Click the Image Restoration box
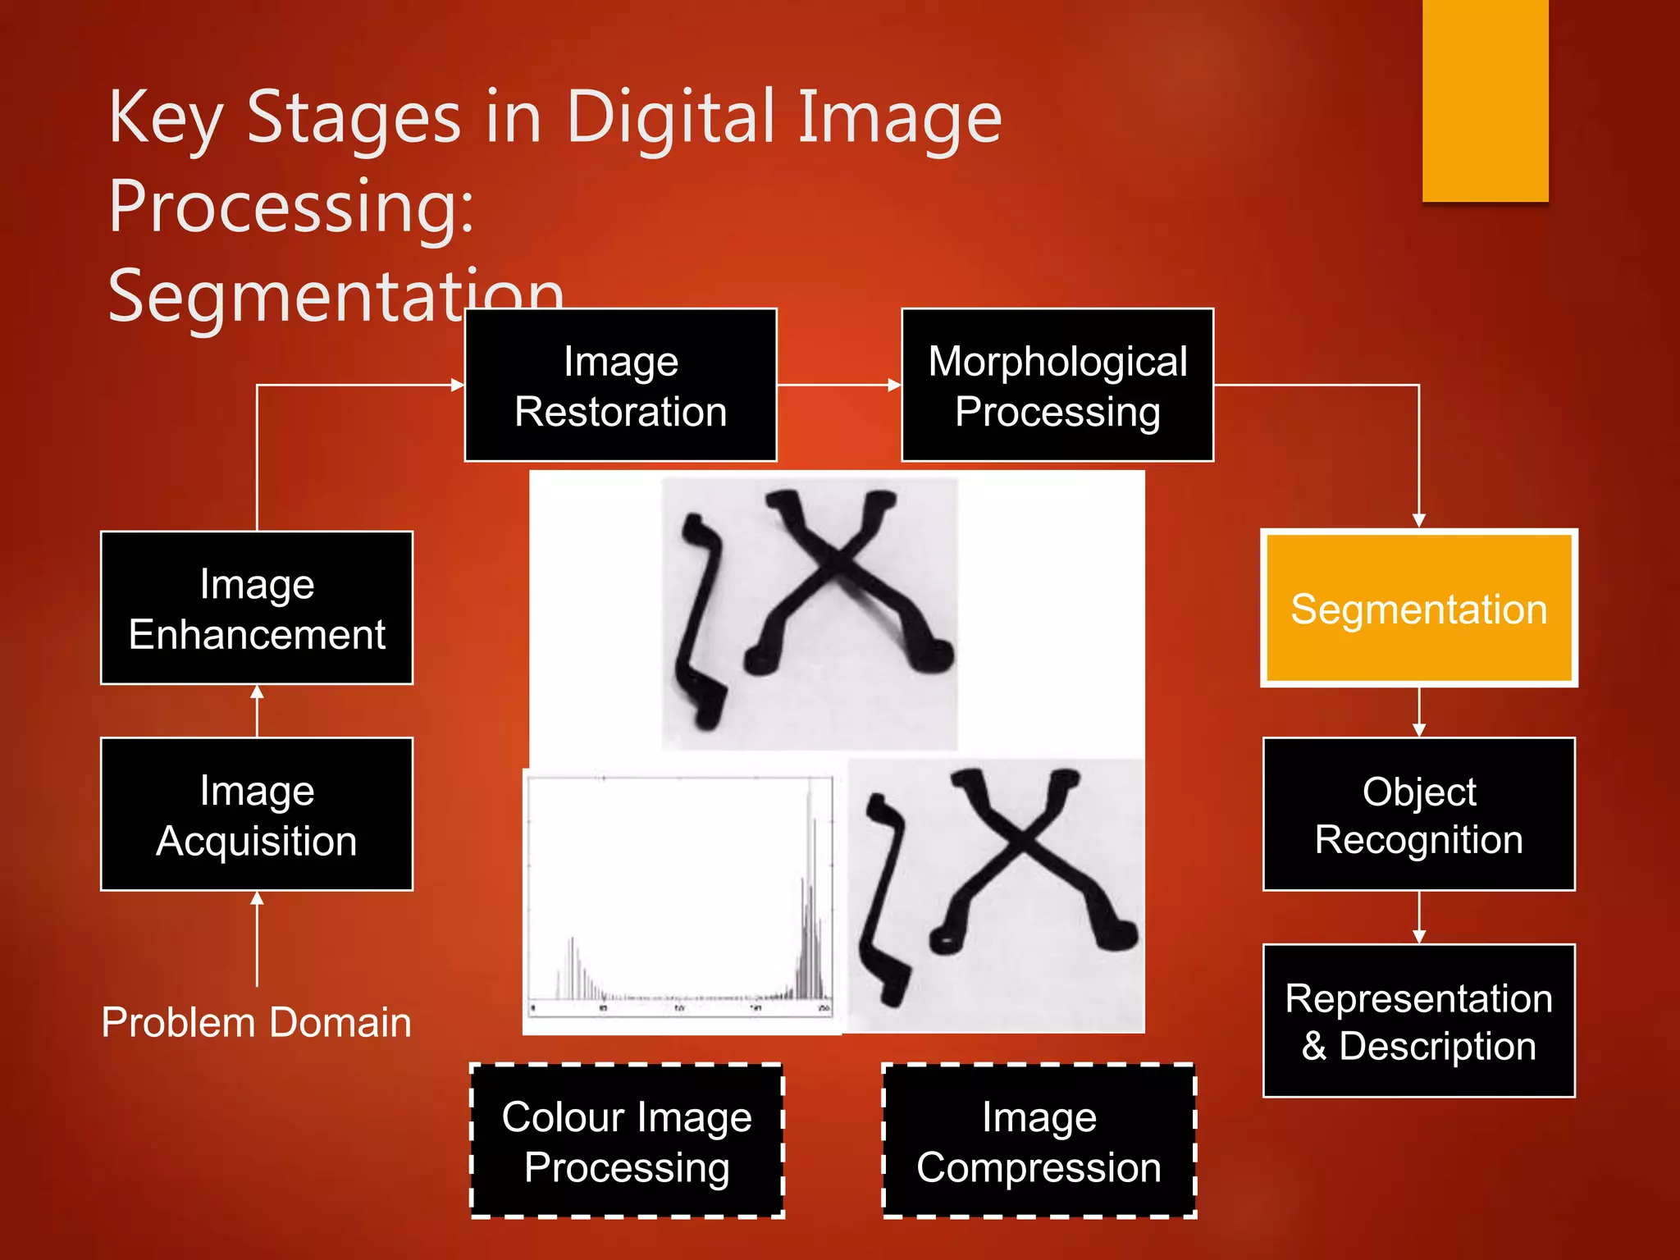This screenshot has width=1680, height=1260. point(620,385)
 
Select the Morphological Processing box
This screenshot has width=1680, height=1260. point(1057,385)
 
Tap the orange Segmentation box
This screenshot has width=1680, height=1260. point(1418,608)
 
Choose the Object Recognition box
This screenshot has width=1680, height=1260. point(1418,814)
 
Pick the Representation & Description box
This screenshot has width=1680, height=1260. point(1418,1020)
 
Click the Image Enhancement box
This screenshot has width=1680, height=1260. point(257,608)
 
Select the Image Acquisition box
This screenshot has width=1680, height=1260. point(257,814)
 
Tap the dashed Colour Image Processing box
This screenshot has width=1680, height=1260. point(627,1140)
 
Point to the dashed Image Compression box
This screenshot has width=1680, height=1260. point(1039,1140)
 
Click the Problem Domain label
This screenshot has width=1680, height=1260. point(256,1022)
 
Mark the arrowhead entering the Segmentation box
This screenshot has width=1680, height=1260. point(1418,520)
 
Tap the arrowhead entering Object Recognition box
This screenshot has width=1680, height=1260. point(1418,730)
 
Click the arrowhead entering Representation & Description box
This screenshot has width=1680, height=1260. point(1418,937)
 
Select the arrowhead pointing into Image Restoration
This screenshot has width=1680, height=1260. point(458,385)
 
